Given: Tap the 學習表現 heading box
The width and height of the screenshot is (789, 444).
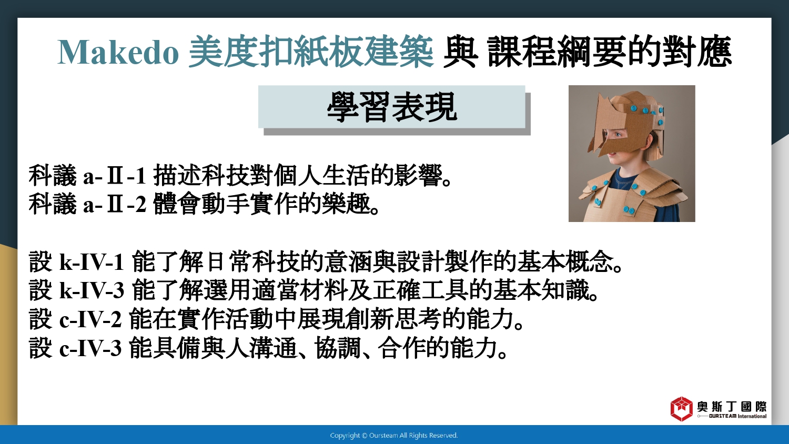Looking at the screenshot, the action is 392,107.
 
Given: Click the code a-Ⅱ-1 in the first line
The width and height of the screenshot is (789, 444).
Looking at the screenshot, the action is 115,176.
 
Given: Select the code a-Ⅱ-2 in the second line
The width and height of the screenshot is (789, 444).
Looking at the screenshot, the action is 115,204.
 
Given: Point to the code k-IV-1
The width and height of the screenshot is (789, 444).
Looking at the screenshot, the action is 92,262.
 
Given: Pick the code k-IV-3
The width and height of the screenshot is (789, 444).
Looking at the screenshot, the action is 92,291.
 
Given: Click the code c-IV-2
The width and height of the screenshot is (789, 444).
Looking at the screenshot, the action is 90,320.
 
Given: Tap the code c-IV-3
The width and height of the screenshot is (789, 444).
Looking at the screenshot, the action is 90,348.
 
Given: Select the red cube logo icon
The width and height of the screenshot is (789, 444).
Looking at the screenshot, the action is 681,409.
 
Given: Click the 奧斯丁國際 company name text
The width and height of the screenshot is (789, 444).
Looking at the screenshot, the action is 732,407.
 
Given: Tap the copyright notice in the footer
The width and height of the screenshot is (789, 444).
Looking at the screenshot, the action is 394,436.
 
